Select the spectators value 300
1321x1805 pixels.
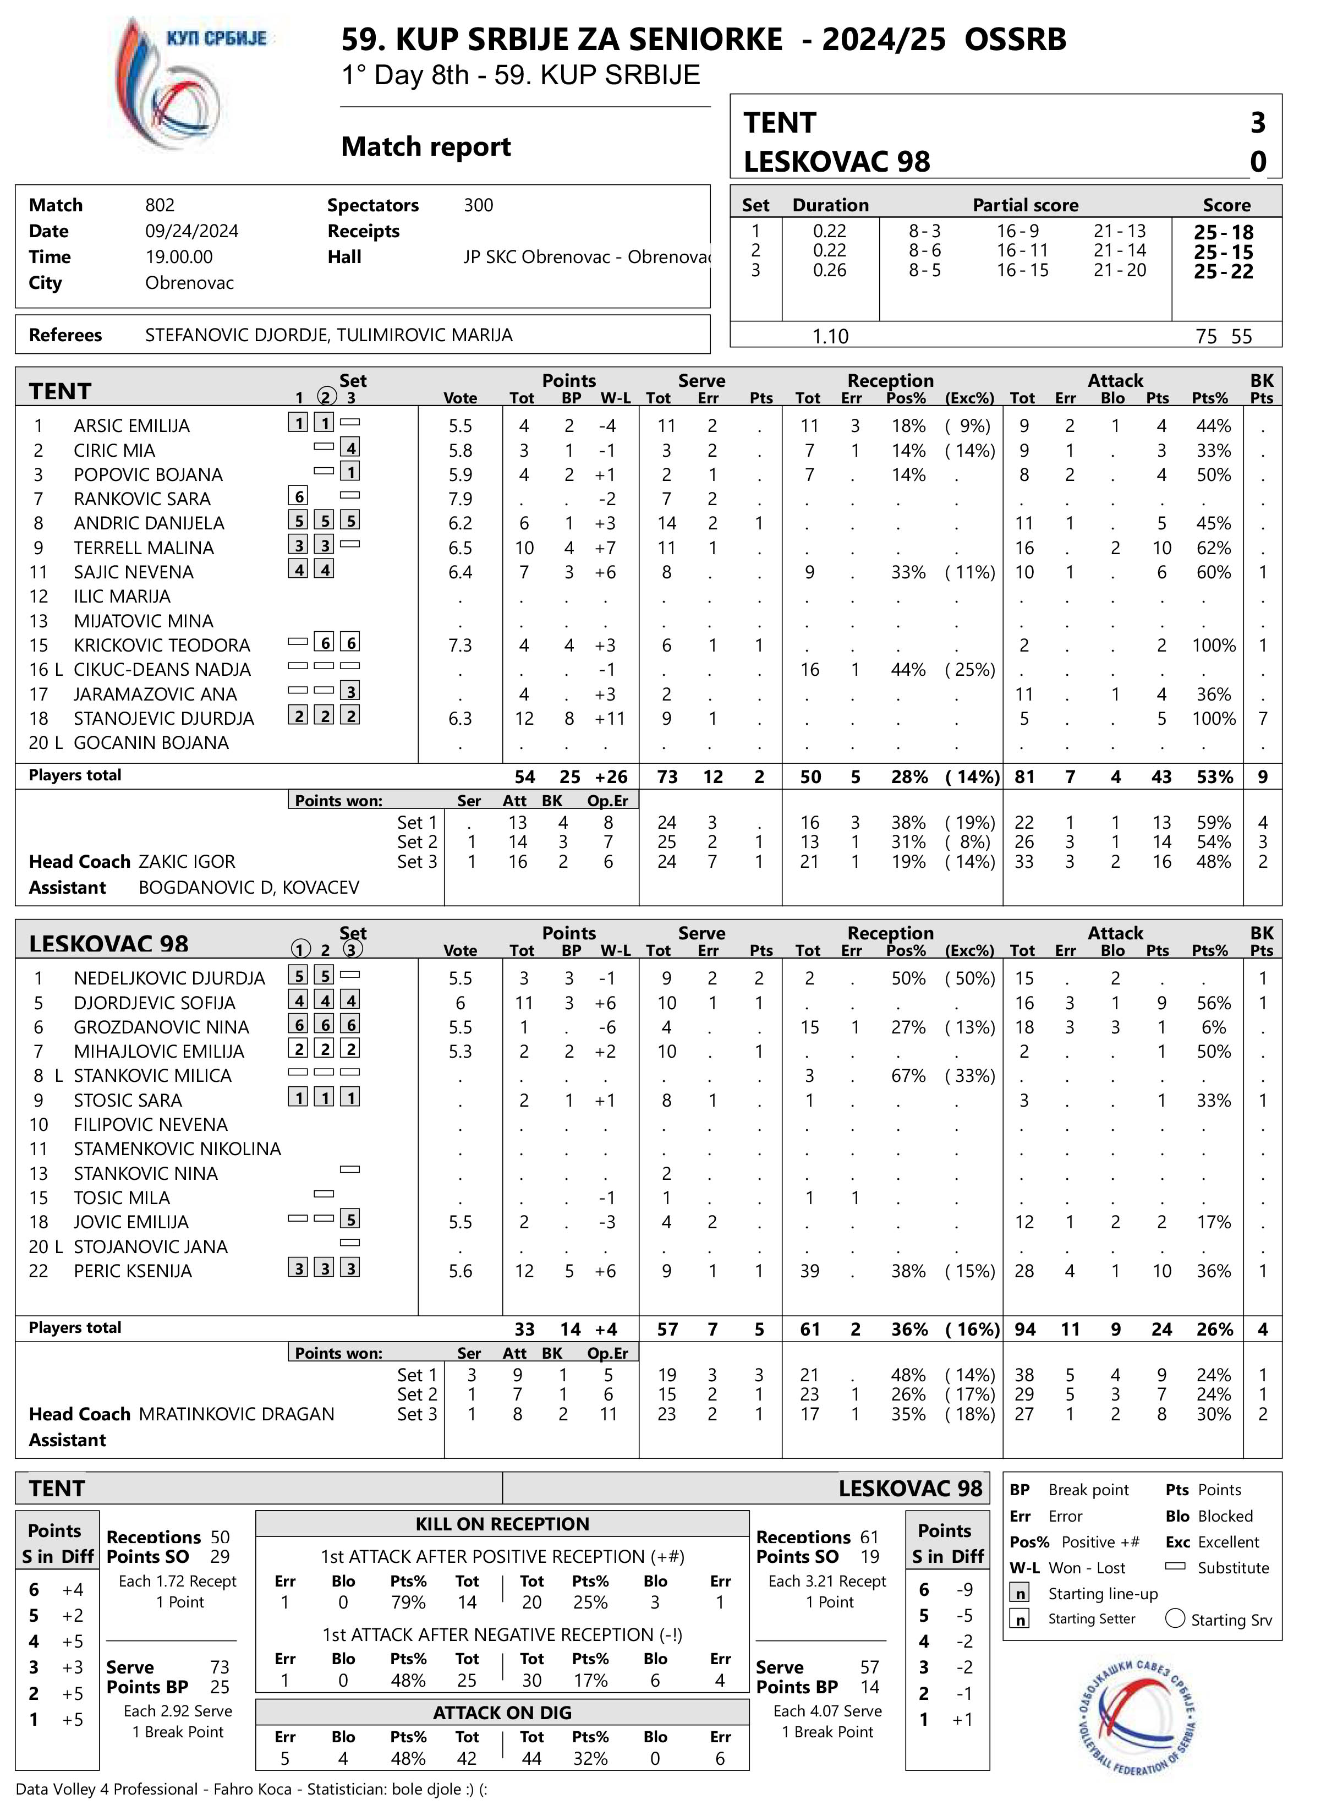(x=478, y=205)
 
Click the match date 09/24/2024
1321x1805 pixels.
(x=192, y=231)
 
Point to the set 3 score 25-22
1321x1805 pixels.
(x=1224, y=272)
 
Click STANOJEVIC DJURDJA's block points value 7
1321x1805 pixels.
(x=1263, y=718)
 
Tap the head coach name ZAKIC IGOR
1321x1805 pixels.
(x=187, y=861)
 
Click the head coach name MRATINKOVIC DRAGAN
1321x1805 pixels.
(x=237, y=1414)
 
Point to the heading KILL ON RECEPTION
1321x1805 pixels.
(x=502, y=1523)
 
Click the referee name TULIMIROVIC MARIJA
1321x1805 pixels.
(x=425, y=335)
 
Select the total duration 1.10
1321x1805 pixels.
(x=830, y=336)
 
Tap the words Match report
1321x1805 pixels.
(x=426, y=147)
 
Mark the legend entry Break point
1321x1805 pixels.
(x=1088, y=1490)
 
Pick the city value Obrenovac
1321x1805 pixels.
(x=189, y=283)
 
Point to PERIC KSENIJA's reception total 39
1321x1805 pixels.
(x=809, y=1271)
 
